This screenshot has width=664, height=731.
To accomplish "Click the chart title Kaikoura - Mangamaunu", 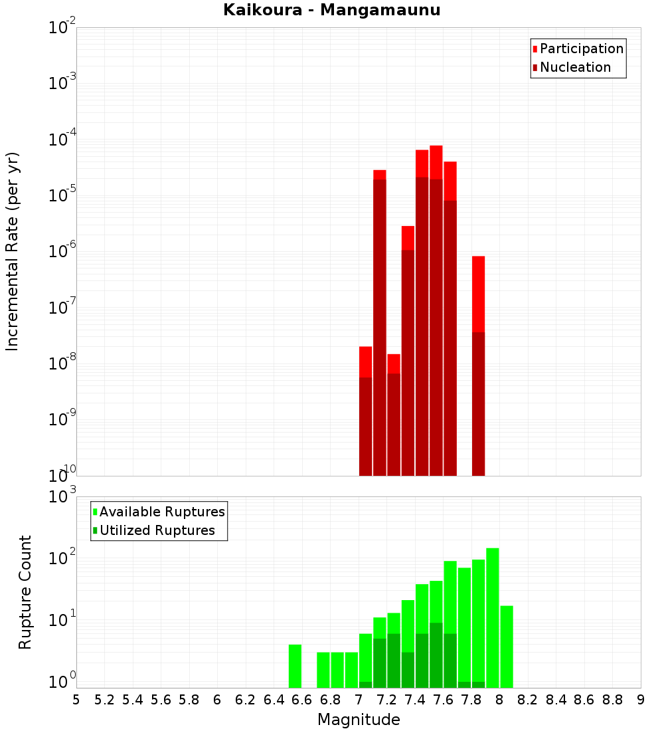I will click(x=332, y=10).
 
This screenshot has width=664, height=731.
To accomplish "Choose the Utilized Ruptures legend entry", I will click(x=157, y=530).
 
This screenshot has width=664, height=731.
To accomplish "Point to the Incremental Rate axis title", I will click(x=13, y=251).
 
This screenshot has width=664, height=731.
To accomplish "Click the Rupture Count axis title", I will click(x=25, y=592).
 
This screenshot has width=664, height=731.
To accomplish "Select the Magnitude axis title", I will click(x=359, y=720).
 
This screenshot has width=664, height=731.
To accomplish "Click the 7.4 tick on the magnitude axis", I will click(x=415, y=700).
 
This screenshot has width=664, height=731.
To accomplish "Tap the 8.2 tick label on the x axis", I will click(x=528, y=700).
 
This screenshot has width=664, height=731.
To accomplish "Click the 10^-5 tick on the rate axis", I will click(x=62, y=196).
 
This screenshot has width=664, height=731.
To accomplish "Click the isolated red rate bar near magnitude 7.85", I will click(x=478, y=365).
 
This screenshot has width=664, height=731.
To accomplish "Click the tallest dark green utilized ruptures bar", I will click(x=436, y=655).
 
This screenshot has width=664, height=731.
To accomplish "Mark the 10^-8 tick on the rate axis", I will click(x=62, y=364).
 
